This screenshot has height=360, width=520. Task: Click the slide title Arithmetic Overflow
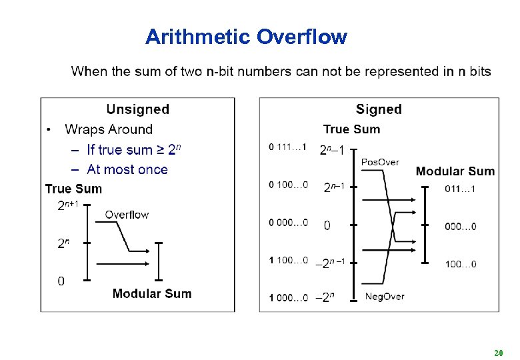(x=246, y=37)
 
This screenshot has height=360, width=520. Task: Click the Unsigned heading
(x=138, y=109)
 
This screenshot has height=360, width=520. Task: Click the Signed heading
(x=379, y=109)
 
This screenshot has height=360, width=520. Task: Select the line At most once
(x=127, y=169)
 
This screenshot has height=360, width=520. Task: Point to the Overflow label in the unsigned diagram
(x=127, y=215)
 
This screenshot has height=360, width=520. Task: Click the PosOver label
(x=379, y=162)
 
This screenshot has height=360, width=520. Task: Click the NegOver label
(x=385, y=296)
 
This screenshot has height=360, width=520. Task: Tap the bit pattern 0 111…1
(x=288, y=147)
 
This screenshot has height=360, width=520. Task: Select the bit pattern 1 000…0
(x=288, y=298)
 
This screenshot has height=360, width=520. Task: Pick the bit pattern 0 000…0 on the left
(x=288, y=223)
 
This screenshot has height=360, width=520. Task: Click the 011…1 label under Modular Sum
(x=460, y=189)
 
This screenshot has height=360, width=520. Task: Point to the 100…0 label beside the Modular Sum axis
(x=461, y=265)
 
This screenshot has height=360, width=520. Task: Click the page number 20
(x=498, y=351)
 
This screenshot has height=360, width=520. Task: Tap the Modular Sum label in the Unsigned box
(x=152, y=293)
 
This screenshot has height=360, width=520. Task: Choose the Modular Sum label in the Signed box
(x=455, y=171)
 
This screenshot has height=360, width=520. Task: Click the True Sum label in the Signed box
(x=351, y=129)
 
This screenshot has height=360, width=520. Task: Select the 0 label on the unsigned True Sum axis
(x=61, y=281)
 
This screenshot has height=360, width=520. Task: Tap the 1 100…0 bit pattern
(x=288, y=260)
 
